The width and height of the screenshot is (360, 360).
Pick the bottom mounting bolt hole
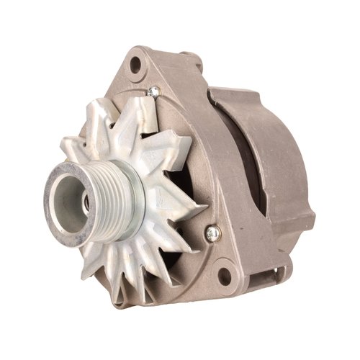point(225,276)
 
